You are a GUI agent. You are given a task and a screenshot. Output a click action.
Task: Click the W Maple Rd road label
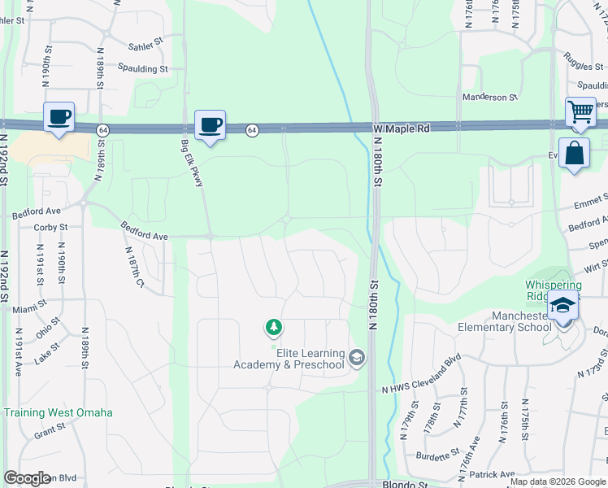402,129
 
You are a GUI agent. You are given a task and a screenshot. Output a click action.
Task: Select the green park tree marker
274,328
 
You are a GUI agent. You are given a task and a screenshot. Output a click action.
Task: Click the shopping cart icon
580,112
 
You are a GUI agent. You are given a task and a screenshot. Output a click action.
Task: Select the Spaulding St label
142,69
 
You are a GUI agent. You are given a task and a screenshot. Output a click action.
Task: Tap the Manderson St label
490,98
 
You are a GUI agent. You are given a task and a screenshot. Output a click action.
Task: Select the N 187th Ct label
134,269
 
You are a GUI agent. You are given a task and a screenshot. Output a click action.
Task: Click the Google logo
26,478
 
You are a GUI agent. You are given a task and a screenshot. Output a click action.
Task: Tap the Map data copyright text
558,481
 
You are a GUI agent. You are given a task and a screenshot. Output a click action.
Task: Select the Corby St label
50,228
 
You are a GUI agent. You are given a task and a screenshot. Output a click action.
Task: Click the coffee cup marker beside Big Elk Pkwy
210,124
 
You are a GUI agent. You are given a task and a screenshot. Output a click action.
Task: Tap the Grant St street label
50,431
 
